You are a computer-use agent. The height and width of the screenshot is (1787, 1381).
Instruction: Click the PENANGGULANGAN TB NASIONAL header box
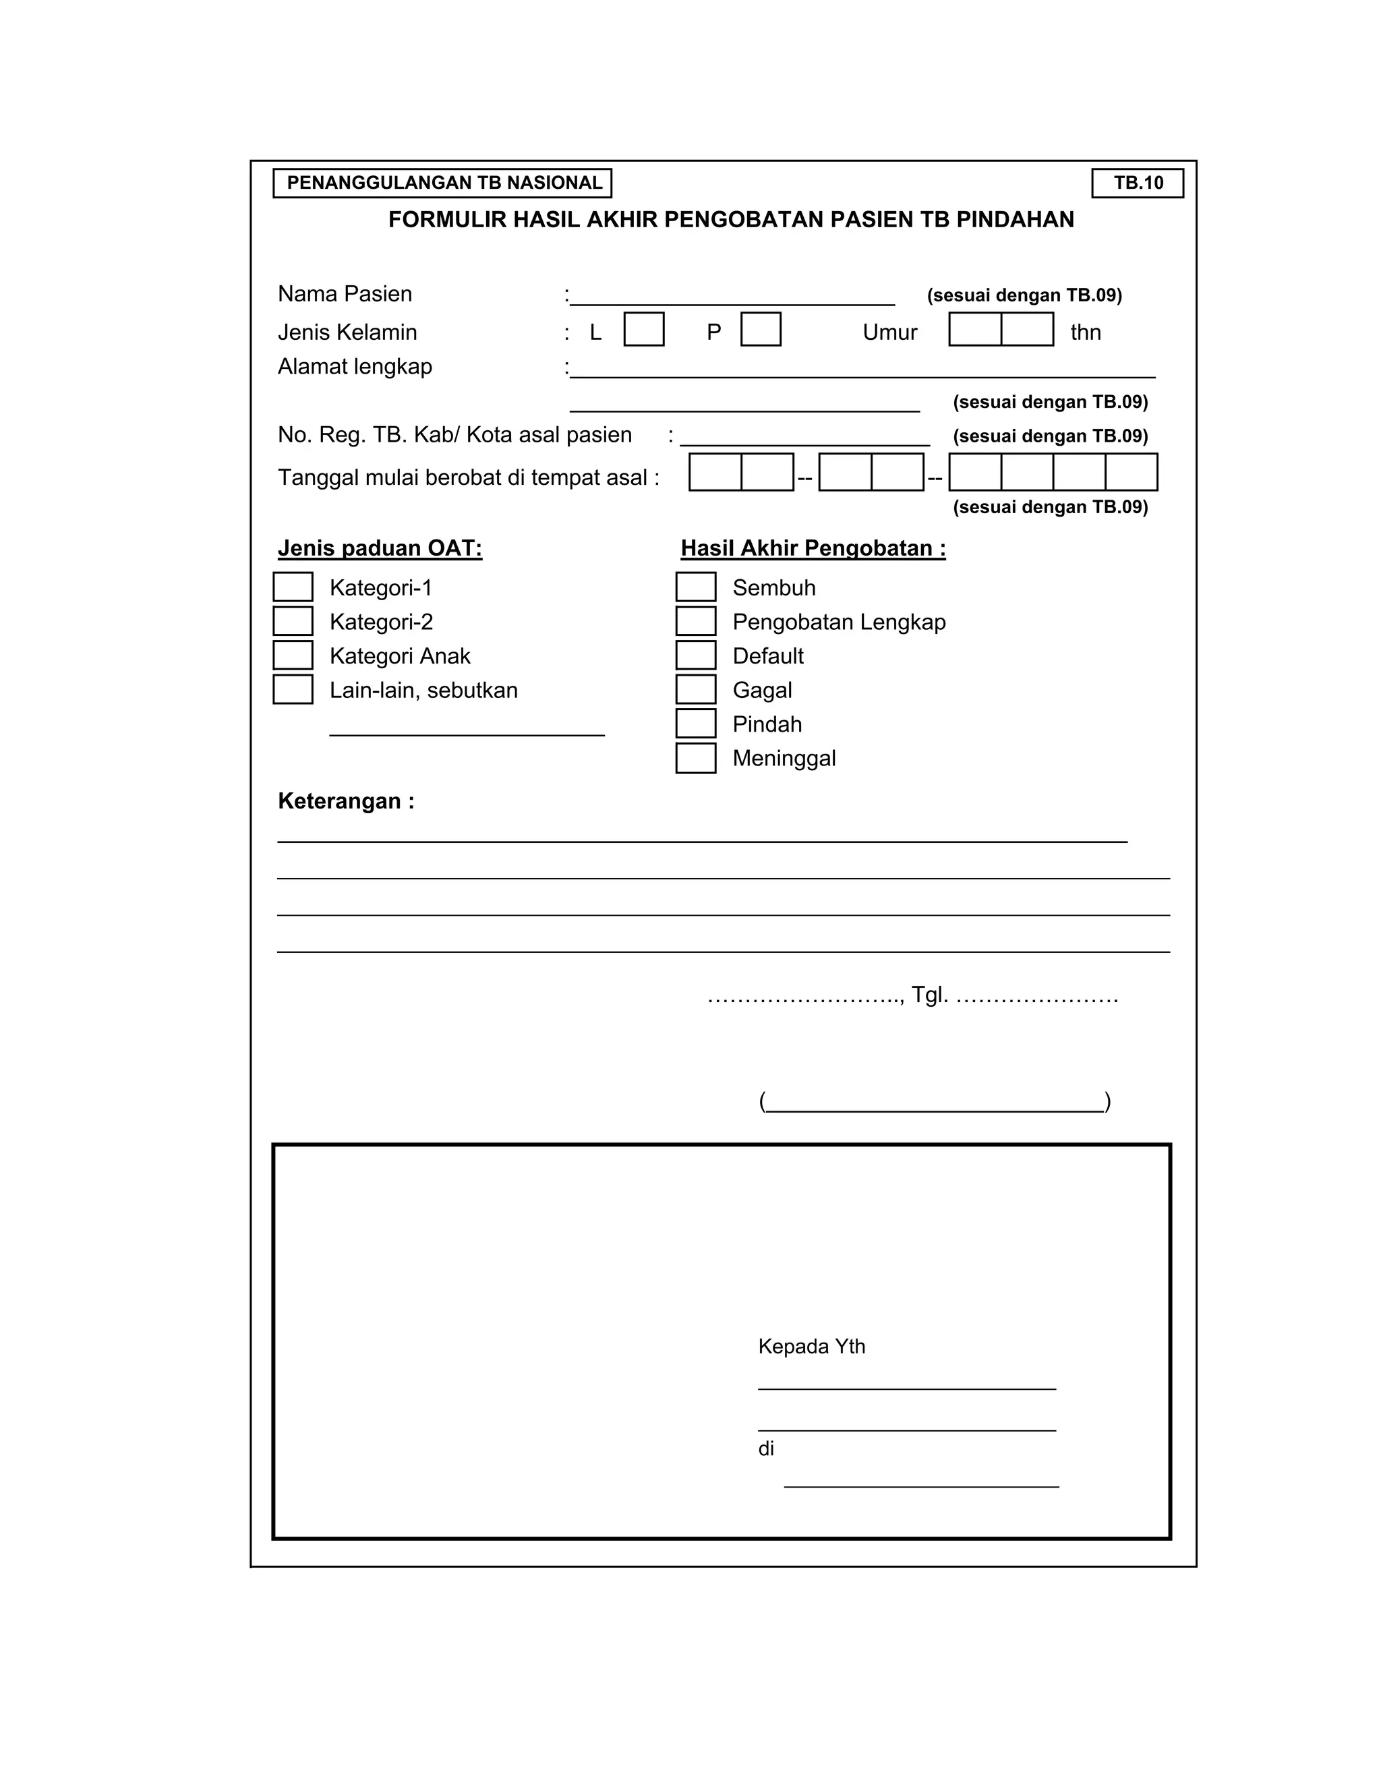442,183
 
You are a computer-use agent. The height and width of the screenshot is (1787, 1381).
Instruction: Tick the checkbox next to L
643,329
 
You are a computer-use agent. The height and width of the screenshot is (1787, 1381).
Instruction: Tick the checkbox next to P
760,329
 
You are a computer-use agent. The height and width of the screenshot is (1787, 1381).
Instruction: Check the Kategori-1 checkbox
292,587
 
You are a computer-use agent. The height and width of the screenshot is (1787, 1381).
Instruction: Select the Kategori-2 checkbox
292,621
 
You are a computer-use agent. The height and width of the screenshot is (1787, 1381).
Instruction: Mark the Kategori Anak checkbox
292,655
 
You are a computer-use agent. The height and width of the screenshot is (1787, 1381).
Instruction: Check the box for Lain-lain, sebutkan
292,689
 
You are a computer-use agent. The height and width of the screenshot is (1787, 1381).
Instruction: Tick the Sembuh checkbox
695,587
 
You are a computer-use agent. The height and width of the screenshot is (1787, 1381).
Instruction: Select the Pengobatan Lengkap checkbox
695,621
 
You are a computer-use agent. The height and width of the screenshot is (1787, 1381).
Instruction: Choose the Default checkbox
695,655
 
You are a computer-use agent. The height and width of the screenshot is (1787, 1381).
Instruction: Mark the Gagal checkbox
695,689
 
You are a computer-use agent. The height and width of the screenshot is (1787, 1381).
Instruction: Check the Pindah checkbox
695,724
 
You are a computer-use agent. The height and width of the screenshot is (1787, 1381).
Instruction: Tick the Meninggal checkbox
695,758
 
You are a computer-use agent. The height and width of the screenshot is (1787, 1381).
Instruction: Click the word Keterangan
340,800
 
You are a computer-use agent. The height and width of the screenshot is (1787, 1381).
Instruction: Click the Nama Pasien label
345,294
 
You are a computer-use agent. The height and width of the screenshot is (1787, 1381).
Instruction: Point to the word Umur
889,332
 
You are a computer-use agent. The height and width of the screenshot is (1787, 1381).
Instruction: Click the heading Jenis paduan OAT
380,548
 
